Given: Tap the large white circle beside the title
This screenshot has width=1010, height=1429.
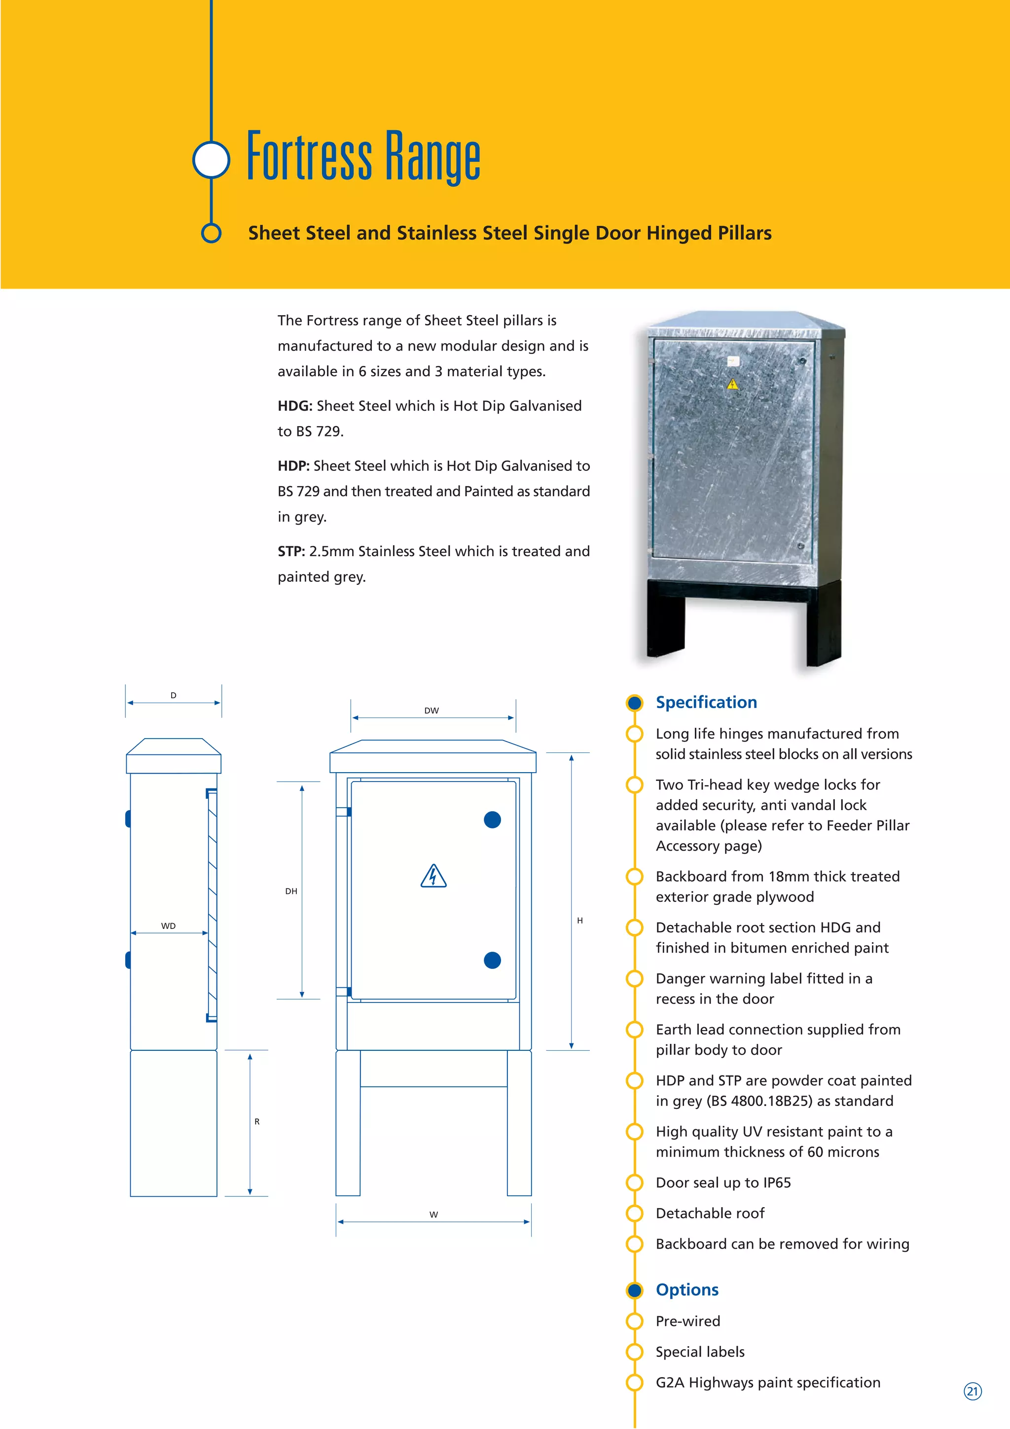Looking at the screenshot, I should tap(212, 160).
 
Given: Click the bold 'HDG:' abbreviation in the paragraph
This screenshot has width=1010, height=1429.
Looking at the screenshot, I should tap(294, 406).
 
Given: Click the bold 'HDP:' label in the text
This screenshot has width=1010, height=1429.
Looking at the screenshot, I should tap(293, 466).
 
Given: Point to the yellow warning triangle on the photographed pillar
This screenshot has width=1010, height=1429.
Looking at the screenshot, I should tap(732, 385).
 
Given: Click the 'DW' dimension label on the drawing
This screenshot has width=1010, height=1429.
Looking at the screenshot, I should tap(431, 710).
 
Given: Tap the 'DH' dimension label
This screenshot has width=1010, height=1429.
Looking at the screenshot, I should tap(290, 891).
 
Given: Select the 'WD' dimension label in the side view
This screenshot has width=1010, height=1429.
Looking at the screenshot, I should tap(168, 926).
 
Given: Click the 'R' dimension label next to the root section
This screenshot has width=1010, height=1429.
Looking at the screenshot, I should tap(256, 1121).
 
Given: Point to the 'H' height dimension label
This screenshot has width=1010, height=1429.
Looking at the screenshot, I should tap(579, 921).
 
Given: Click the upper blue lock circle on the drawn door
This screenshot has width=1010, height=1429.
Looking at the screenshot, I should tap(492, 820).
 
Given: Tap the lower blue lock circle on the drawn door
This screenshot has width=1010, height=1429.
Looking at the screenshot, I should tap(492, 961).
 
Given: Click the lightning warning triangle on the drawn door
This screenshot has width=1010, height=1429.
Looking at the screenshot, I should tap(433, 876).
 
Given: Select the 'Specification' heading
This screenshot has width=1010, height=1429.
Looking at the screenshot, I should tap(706, 702).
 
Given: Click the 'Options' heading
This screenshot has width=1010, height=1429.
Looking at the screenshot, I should tap(687, 1289).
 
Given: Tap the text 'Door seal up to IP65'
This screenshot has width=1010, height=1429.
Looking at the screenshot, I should tap(723, 1182).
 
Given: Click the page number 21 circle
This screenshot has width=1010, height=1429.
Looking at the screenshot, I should tap(972, 1391).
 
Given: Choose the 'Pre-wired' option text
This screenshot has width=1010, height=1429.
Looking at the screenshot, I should tap(687, 1321).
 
